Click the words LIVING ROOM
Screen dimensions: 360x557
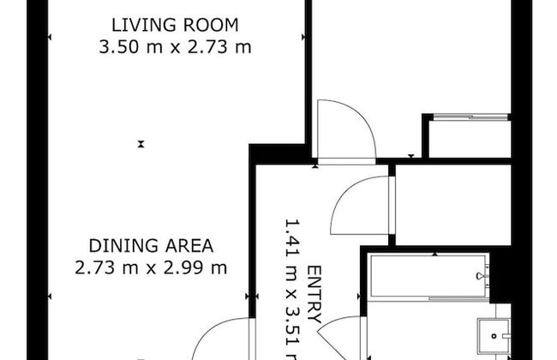176,24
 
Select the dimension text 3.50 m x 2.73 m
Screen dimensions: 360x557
176,46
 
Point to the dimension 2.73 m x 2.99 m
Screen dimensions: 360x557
151,267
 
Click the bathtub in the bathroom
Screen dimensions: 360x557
428,276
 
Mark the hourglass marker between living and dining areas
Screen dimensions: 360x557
141,144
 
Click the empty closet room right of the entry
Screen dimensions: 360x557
452,204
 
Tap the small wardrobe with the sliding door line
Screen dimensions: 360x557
469,137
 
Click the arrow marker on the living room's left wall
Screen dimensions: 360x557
50,36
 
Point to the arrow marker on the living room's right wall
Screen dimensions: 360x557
302,36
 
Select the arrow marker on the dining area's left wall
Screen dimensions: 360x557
50,296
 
